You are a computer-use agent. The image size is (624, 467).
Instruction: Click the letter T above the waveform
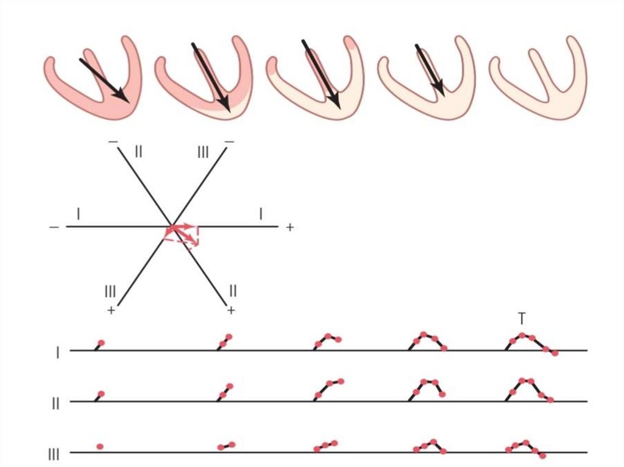click(x=522, y=318)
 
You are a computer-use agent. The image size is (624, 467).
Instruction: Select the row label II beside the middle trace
click(x=55, y=403)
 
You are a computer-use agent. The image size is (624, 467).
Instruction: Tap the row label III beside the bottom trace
click(x=54, y=454)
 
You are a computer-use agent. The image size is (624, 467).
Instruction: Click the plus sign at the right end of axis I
click(x=289, y=227)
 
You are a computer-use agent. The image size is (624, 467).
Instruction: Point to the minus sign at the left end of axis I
click(x=54, y=227)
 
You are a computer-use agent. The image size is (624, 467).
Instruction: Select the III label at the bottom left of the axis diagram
click(x=110, y=291)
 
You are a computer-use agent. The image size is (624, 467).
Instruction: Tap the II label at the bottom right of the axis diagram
click(x=232, y=291)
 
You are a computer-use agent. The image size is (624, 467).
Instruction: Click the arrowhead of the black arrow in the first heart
click(x=122, y=97)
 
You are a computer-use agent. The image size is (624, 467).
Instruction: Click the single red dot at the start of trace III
click(x=100, y=447)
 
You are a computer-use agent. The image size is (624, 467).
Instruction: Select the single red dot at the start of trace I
click(x=101, y=343)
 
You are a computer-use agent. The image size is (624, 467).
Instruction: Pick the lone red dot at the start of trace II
click(x=101, y=394)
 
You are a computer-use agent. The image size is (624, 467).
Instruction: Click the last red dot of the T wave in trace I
click(x=555, y=353)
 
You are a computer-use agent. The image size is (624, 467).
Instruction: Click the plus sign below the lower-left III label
click(x=111, y=311)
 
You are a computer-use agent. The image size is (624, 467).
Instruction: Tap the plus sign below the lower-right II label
click(x=231, y=311)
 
